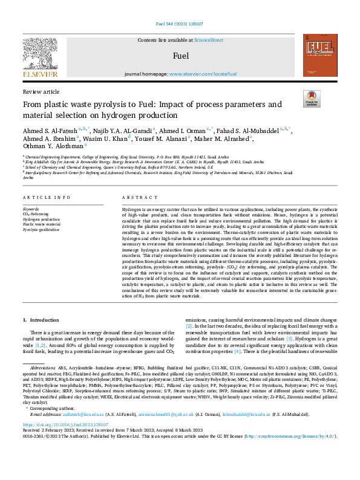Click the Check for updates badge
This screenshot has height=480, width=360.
[311, 99]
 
